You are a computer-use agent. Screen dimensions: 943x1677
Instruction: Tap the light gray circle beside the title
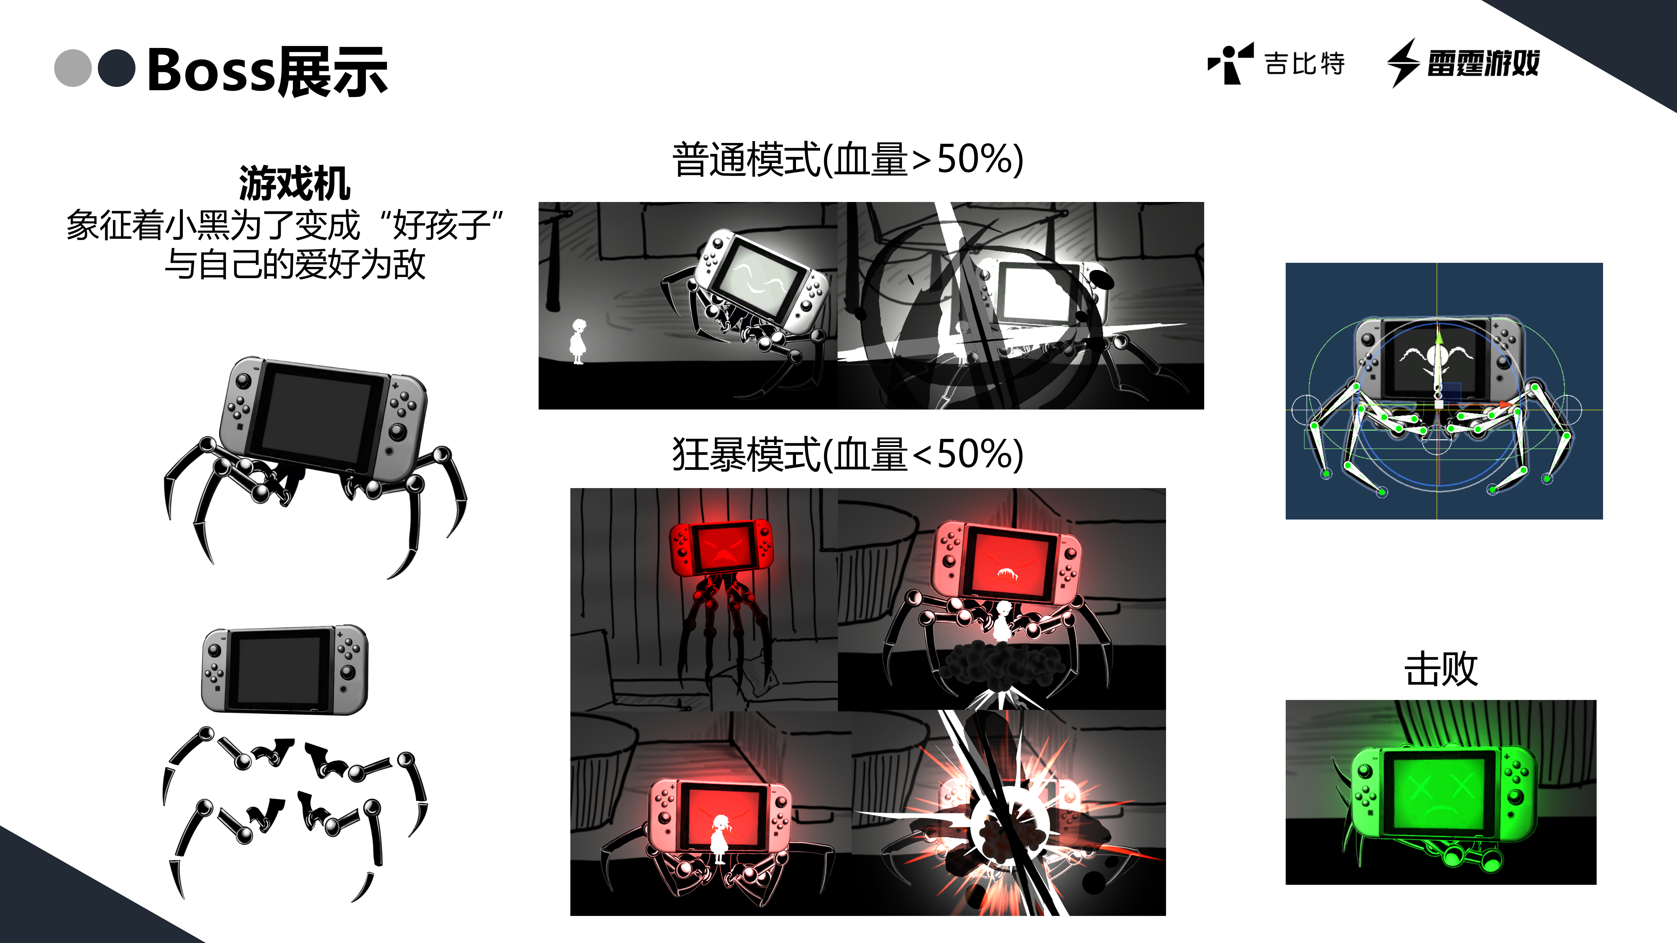72,68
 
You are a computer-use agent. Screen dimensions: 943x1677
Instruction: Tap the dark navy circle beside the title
116,68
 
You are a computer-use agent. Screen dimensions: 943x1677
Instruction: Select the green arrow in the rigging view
1439,338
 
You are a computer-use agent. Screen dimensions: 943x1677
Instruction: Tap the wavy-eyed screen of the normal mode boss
758,276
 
